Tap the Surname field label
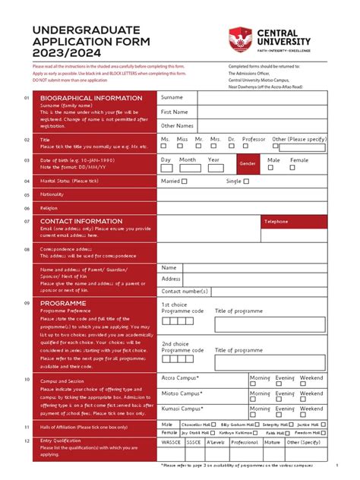click(x=172, y=98)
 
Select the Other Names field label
click(x=177, y=125)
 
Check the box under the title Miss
click(x=180, y=147)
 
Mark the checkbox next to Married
click(x=184, y=182)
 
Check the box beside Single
click(x=247, y=182)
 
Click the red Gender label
click(x=248, y=163)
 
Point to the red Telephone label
click(x=276, y=221)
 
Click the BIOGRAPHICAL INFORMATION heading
click(x=91, y=98)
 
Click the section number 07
click(x=27, y=222)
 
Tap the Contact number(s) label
click(x=185, y=291)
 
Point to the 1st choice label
click(x=174, y=304)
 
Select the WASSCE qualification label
click(x=172, y=441)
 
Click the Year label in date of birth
click(x=214, y=159)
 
